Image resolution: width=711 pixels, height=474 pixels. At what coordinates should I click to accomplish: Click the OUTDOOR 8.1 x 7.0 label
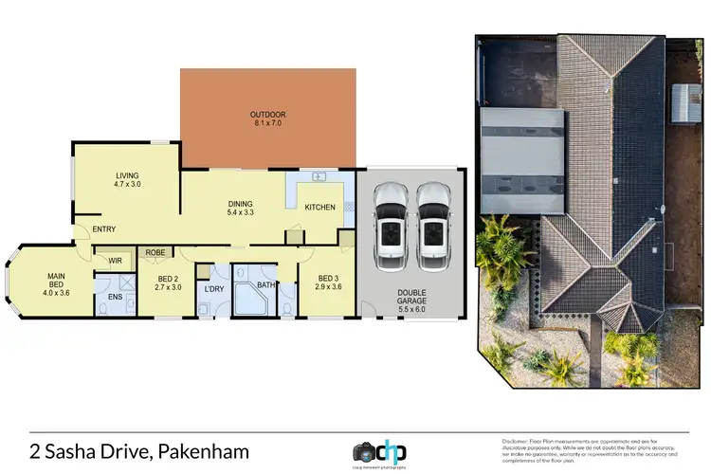click(x=266, y=118)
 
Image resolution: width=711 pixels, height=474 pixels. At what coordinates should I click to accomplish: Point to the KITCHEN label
click(x=319, y=207)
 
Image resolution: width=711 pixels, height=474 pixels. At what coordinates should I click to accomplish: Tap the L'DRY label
click(x=213, y=288)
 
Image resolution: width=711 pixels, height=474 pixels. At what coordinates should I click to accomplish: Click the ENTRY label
click(x=104, y=228)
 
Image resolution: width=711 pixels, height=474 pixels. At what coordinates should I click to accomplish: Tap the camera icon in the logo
click(x=366, y=449)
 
